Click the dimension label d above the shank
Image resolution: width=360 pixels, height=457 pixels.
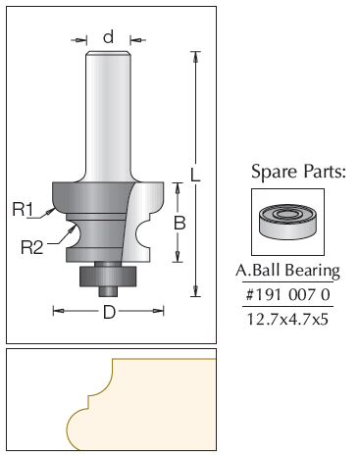point(109,36)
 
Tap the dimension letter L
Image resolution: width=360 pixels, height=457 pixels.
point(195,175)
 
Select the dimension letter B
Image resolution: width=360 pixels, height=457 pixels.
point(180,223)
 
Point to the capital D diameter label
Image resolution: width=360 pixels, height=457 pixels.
point(109,312)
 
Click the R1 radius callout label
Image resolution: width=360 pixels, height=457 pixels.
point(23,209)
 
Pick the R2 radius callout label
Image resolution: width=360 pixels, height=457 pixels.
point(32,247)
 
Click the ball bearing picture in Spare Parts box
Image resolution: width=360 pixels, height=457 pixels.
point(287,223)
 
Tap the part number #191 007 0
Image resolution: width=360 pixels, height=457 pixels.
point(287,295)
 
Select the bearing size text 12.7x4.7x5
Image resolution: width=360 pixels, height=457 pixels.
point(287,319)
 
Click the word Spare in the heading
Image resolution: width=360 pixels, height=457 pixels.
point(275,172)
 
